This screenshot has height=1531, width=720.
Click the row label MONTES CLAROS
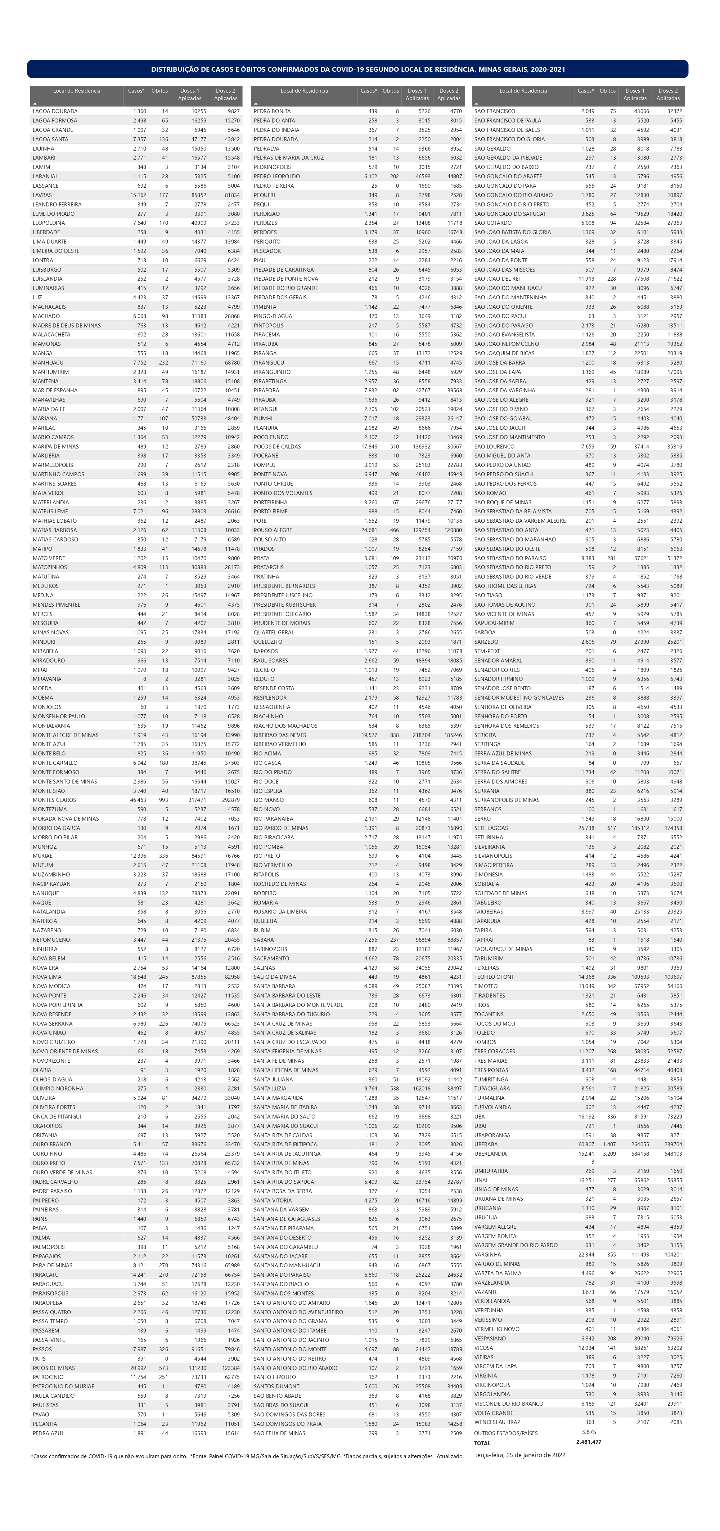point(54,800)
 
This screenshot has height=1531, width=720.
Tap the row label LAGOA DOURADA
point(55,111)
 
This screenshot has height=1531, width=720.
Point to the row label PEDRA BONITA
point(272,111)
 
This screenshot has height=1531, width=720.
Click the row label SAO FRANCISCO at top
point(494,111)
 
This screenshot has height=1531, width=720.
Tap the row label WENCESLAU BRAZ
point(497,1422)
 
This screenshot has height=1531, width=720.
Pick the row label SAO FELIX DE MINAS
point(279,1433)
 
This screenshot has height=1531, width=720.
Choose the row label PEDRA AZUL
point(48,1433)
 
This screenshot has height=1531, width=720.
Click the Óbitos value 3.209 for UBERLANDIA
point(609,1153)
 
